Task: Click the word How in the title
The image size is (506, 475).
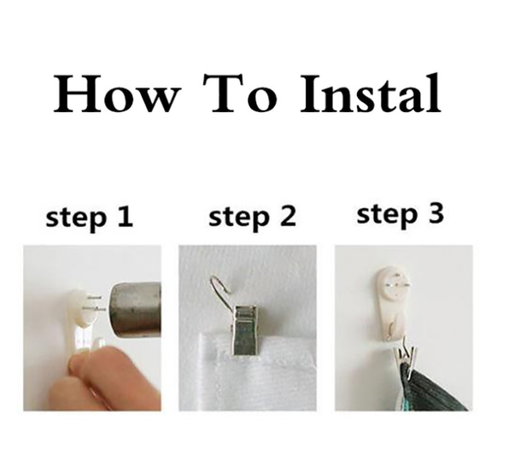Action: coord(115,94)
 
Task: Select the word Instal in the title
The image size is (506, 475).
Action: coord(370,93)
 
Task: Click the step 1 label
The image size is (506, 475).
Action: coord(89,218)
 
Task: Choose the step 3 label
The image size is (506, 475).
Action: coord(400,216)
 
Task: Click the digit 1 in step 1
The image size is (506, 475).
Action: coord(125,216)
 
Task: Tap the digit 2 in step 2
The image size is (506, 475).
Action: coord(288,216)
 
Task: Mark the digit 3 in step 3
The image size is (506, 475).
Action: coord(436,214)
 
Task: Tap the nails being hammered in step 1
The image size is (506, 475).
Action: coord(94,304)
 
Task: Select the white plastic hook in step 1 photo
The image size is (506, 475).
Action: coord(82,323)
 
